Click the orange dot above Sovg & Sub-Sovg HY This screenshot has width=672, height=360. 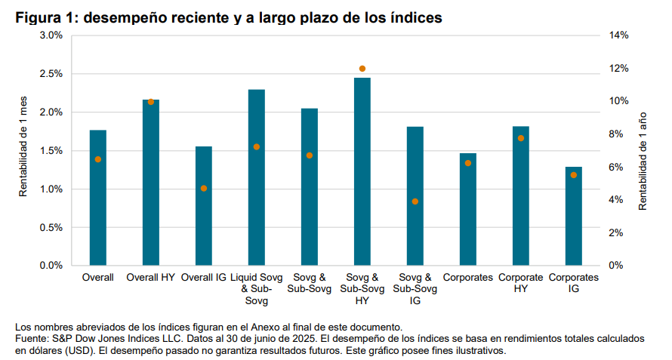coord(362,69)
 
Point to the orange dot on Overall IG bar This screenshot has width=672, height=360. coord(204,188)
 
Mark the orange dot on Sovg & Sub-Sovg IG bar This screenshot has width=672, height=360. coord(415,202)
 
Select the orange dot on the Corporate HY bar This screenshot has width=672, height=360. coord(521,138)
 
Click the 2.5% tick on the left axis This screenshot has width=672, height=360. coord(51,74)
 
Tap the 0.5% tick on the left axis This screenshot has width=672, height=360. coord(51,227)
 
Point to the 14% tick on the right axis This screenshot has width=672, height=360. coord(619,35)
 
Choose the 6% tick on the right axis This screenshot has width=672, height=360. coord(616,167)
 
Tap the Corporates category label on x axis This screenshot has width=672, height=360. coord(468,278)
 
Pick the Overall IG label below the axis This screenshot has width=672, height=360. coord(204,278)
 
